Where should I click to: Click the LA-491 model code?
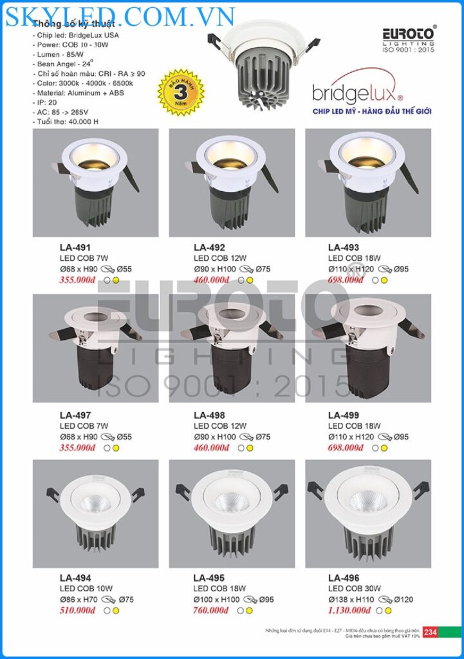pyautogui.click(x=71, y=247)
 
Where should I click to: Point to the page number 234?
pyautogui.click(x=431, y=632)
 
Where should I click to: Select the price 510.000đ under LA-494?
pyautogui.click(x=78, y=610)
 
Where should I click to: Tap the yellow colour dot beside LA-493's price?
pyautogui.click(x=384, y=280)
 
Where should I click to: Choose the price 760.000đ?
pyautogui.click(x=211, y=610)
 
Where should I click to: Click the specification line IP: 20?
pyautogui.click(x=47, y=102)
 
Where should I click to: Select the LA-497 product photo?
pyautogui.click(x=95, y=348)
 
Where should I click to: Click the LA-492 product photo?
pyautogui.click(x=232, y=183)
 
